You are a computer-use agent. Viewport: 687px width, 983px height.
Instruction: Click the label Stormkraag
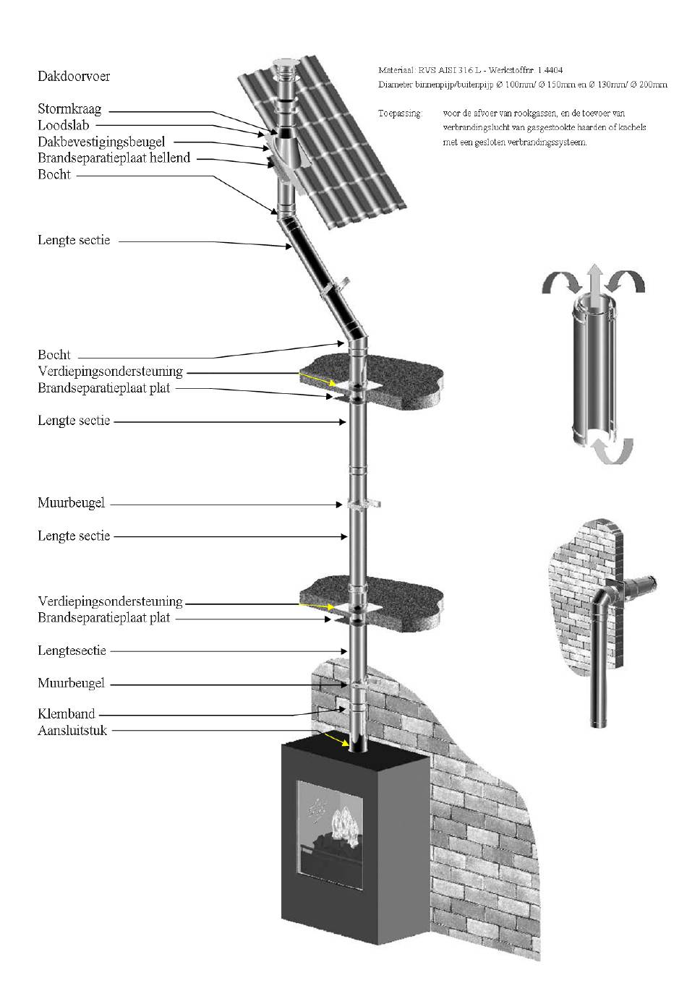click(69, 110)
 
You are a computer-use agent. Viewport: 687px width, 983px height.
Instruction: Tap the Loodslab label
click(64, 126)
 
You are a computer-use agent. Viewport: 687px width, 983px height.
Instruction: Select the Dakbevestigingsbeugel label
click(101, 142)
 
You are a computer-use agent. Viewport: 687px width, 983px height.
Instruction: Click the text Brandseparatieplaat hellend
click(114, 158)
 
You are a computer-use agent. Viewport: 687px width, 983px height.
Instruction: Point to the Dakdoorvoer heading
click(74, 76)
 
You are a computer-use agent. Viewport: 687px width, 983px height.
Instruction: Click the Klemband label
click(67, 714)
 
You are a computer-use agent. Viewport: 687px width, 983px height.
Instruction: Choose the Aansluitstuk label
click(72, 731)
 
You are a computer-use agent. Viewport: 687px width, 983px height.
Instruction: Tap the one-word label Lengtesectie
click(72, 651)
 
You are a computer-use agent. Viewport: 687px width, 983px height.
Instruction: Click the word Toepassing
click(398, 113)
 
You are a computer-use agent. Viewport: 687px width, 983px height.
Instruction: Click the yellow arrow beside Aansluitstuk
click(333, 739)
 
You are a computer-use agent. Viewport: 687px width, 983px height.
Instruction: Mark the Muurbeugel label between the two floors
click(71, 502)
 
